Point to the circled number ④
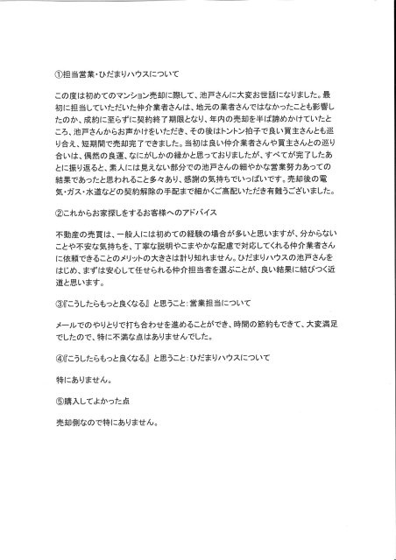(x=59, y=383)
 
